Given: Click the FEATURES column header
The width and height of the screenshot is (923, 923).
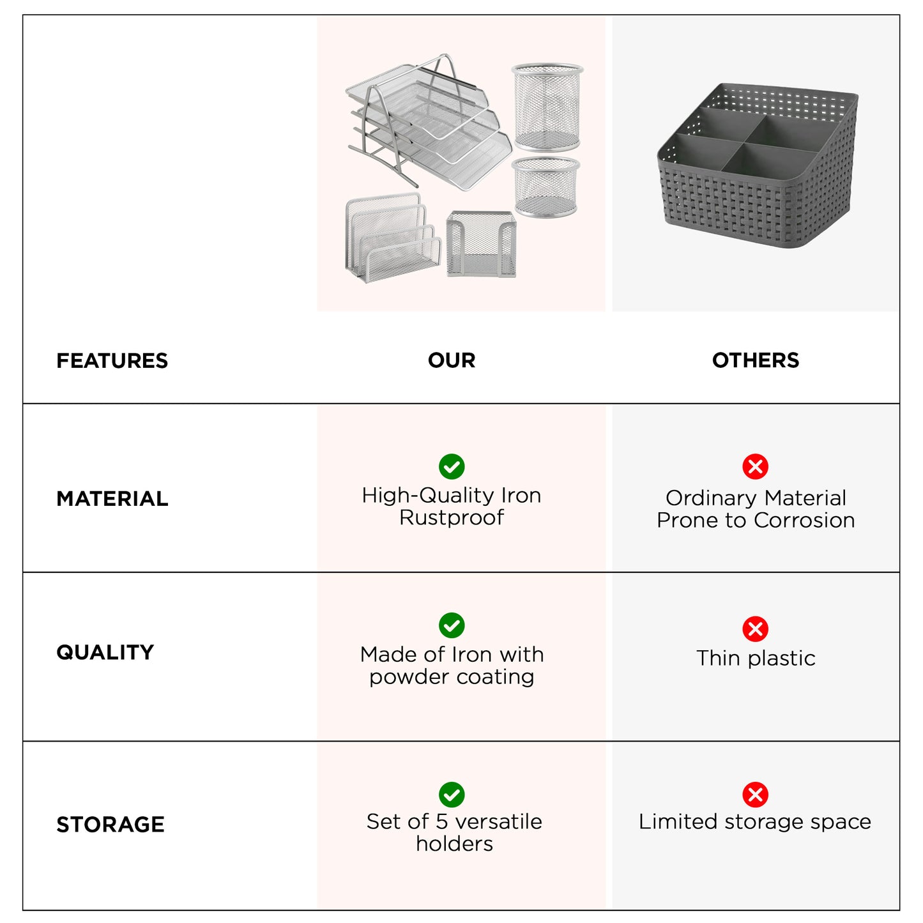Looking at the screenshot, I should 112,361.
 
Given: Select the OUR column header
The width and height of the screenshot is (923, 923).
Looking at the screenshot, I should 452,360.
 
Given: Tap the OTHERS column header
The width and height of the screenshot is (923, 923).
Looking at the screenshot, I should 755,360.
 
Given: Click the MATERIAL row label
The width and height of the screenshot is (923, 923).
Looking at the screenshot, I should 112,499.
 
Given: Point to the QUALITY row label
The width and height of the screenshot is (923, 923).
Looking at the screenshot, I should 105,652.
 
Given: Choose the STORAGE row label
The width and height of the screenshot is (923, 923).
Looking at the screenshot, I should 110,825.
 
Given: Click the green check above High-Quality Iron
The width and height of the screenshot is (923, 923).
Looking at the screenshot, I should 452,466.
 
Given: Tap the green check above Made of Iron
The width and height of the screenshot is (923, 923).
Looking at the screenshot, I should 452,625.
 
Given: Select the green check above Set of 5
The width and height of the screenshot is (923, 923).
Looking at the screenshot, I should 452,795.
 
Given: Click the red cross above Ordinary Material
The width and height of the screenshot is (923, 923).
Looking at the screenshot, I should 755,466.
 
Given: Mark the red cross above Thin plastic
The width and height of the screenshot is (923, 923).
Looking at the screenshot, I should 755,629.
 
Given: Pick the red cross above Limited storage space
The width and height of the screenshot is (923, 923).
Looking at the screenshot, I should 755,795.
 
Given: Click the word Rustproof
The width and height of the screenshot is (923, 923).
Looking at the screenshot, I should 452,517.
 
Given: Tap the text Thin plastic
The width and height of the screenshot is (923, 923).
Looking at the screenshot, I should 756,658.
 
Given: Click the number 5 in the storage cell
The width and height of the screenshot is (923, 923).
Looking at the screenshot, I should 441,821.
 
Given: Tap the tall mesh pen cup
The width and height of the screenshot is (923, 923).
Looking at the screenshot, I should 547,107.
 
